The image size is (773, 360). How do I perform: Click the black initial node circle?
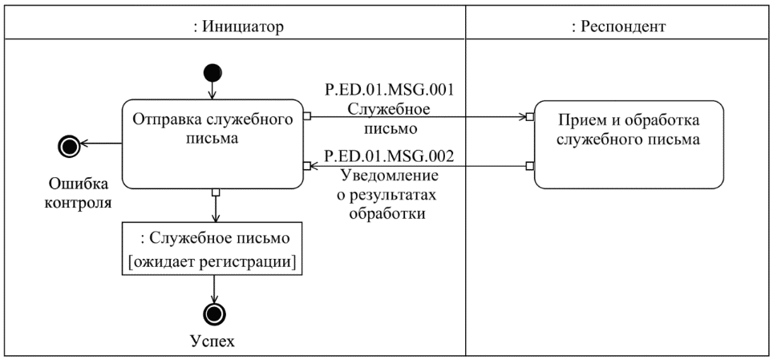213,73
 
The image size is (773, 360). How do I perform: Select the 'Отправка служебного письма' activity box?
212,144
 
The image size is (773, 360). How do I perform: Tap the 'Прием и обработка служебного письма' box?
628,144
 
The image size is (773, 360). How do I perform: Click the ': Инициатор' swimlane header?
234,26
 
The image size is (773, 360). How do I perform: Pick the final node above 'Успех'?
213,312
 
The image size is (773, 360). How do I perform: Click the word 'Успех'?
213,341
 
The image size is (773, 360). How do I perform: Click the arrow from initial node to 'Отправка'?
213,91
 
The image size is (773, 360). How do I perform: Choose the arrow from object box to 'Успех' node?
213,288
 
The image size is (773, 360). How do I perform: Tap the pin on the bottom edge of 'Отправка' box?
214,192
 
